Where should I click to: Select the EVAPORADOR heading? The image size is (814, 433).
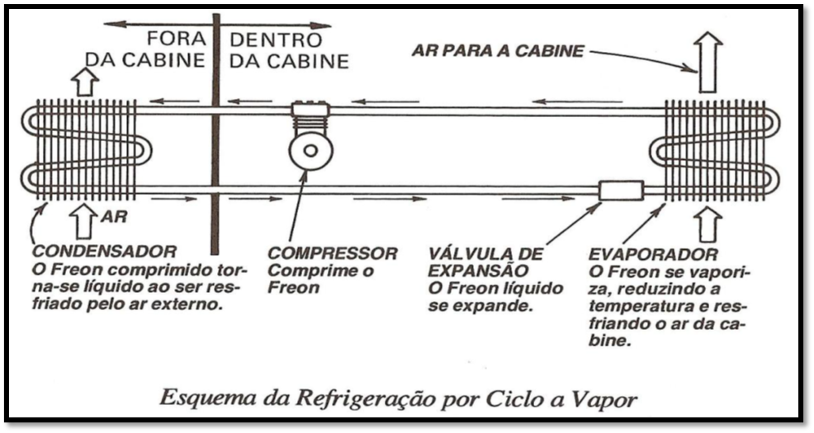654,254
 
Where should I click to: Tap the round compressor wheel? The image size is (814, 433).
310,151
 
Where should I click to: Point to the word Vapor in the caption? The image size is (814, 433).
609,401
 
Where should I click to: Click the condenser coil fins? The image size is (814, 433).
83,150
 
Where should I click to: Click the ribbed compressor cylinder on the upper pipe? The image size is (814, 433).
310,120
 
